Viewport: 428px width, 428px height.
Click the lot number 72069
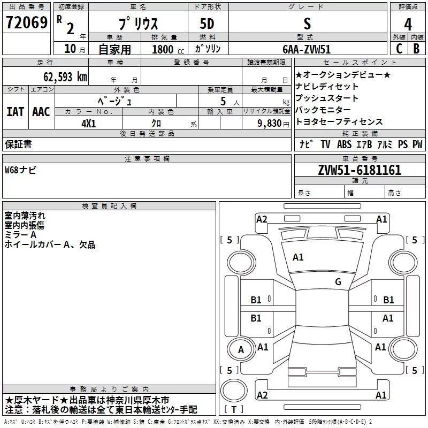pyautogui.click(x=27, y=22)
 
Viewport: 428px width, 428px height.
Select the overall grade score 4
pyautogui.click(x=408, y=25)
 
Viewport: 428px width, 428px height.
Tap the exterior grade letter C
pyautogui.click(x=399, y=49)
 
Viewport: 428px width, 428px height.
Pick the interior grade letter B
pyautogui.click(x=416, y=49)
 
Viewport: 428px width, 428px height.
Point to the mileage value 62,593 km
pyautogui.click(x=65, y=77)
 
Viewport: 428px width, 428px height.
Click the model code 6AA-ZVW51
pyautogui.click(x=307, y=49)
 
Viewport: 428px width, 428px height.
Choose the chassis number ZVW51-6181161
pyautogui.click(x=360, y=170)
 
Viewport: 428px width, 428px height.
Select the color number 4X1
pyautogui.click(x=89, y=124)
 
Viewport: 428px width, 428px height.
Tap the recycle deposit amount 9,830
pyautogui.click(x=270, y=124)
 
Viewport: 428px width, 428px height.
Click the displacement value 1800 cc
pyautogui.click(x=168, y=49)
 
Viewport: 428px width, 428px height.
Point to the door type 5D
pyautogui.click(x=207, y=24)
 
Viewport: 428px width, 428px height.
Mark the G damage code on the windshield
pyautogui.click(x=338, y=281)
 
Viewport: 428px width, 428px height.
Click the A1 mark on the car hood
pyautogui.click(x=298, y=257)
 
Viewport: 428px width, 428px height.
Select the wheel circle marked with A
pyautogui.click(x=241, y=350)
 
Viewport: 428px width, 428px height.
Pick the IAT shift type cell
pyautogui.click(x=16, y=112)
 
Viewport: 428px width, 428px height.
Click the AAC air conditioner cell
pyautogui.click(x=41, y=112)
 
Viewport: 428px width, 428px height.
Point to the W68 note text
pyautogui.click(x=20, y=170)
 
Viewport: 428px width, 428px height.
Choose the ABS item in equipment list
pyautogui.click(x=344, y=144)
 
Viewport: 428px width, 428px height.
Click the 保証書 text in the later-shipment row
pyautogui.click(x=18, y=144)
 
